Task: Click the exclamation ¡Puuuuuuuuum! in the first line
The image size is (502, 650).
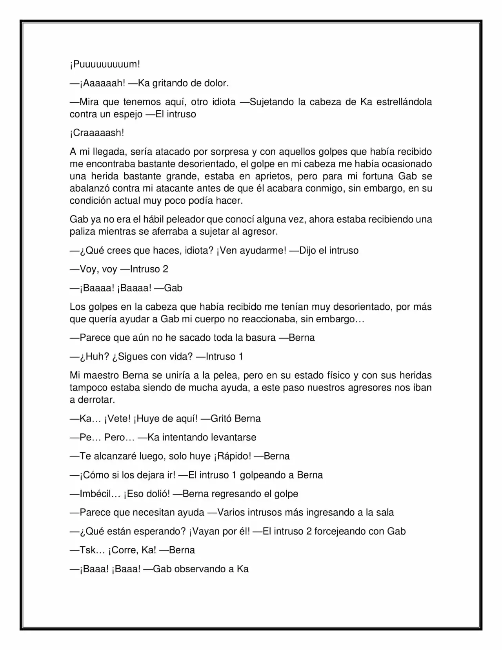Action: click(x=105, y=64)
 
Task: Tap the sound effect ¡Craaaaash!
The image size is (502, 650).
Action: click(x=97, y=133)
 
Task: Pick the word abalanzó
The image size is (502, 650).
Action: click(x=89, y=188)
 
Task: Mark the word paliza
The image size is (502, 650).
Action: click(x=83, y=232)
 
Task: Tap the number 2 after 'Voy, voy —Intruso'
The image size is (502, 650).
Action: click(x=165, y=269)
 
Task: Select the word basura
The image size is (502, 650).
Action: click(x=260, y=338)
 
